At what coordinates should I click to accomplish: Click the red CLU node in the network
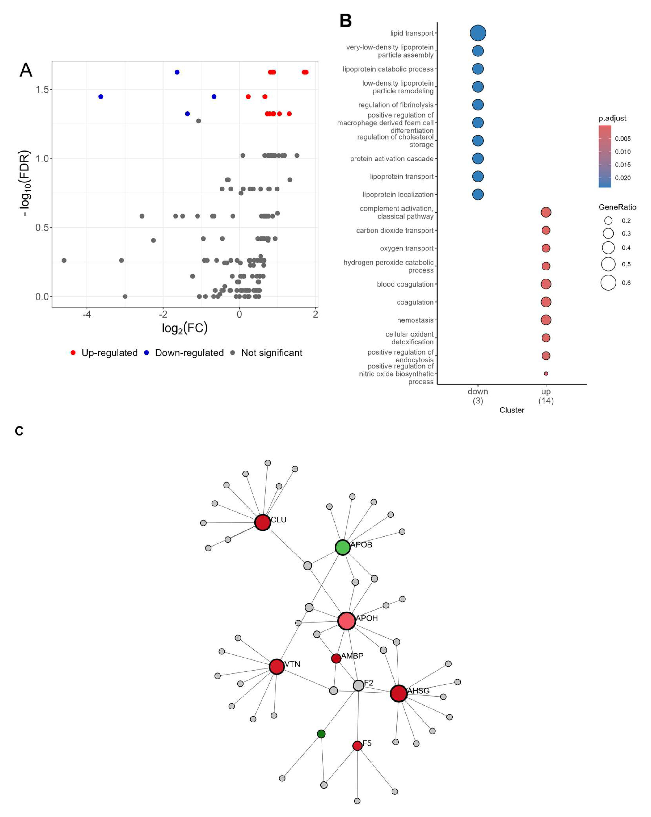click(262, 522)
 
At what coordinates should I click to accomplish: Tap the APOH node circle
click(346, 621)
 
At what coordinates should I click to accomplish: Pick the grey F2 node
click(358, 685)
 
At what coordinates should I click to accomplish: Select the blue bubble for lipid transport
click(478, 33)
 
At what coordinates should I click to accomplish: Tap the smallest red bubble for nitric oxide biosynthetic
click(546, 374)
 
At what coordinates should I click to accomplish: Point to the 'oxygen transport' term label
click(407, 248)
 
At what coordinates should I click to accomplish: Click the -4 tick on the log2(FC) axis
click(87, 315)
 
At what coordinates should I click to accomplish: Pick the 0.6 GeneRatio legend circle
click(608, 283)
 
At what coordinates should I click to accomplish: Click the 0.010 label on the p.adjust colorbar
click(623, 152)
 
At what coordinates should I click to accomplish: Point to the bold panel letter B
click(345, 21)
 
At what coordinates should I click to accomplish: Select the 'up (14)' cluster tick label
click(546, 396)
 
